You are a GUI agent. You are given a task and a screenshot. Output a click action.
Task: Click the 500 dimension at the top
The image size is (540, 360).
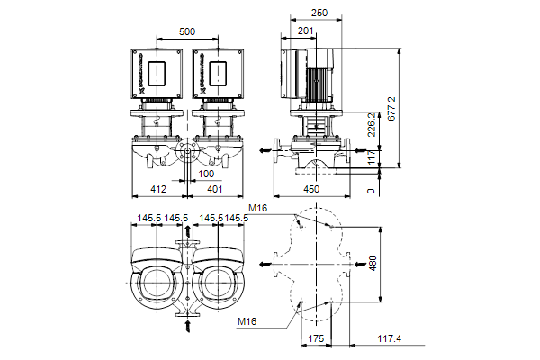(186, 31)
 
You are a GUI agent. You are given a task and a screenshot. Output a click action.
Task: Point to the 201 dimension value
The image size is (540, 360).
(305, 31)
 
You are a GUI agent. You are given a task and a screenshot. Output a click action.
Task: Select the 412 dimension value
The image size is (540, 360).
(157, 190)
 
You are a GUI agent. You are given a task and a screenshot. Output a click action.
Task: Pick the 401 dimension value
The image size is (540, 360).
(214, 190)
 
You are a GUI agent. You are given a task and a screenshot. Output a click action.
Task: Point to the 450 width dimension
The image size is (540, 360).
(310, 190)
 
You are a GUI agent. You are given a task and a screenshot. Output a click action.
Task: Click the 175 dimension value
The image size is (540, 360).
(316, 338)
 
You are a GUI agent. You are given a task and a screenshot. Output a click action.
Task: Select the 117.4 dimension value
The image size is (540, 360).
(388, 338)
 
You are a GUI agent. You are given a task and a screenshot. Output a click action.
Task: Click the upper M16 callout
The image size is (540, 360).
(258, 209)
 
